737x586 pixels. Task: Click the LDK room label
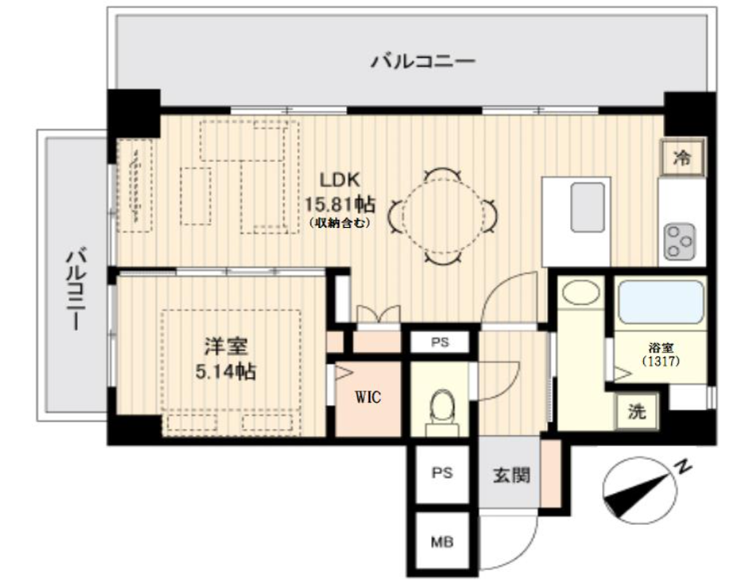click(x=339, y=180)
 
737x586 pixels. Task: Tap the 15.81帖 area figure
click(x=340, y=204)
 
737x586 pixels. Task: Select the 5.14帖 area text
click(x=226, y=372)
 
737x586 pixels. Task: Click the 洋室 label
click(x=226, y=347)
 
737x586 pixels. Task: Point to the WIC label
click(x=368, y=398)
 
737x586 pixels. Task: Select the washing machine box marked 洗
click(x=637, y=411)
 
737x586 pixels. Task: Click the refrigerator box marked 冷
click(x=682, y=158)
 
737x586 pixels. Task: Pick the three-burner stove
click(x=680, y=242)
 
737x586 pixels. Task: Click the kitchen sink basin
click(x=588, y=208)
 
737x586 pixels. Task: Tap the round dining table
click(x=443, y=217)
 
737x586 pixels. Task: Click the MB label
click(x=442, y=542)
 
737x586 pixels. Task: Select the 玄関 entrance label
click(x=511, y=475)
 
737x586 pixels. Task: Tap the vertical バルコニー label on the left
click(x=75, y=290)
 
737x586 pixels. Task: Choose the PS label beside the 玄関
click(x=442, y=472)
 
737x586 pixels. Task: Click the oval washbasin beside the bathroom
click(x=581, y=292)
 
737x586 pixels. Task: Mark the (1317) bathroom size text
click(x=661, y=361)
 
